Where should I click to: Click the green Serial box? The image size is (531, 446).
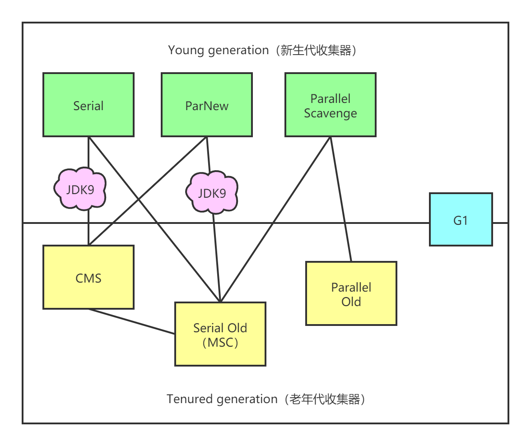(88, 105)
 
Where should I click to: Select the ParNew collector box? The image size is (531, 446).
(207, 105)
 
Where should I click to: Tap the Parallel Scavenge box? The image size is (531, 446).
(331, 105)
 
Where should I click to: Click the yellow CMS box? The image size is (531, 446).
(88, 277)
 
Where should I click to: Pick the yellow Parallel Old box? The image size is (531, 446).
(351, 293)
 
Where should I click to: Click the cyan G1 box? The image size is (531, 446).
(461, 220)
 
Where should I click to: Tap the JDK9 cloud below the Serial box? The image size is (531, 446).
(80, 189)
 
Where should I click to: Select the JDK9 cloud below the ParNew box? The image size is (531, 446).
(212, 193)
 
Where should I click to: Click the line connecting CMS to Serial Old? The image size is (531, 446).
(131, 321)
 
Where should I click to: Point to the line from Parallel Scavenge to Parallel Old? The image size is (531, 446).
(341, 199)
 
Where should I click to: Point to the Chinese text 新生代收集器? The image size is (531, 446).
(316, 50)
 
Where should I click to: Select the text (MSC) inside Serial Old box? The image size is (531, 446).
(220, 343)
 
